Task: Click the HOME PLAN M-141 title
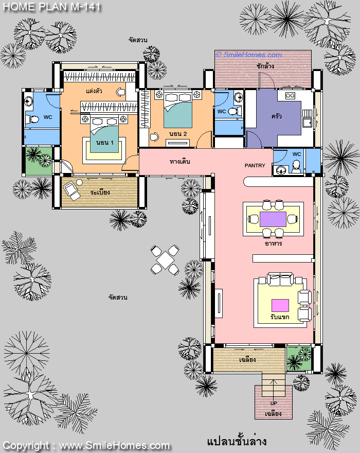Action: pyautogui.click(x=52, y=7)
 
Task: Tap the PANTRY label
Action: pyautogui.click(x=255, y=166)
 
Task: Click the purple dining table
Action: pyautogui.click(x=273, y=219)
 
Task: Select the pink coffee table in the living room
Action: pyautogui.click(x=280, y=305)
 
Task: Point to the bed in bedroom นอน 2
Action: pyautogui.click(x=178, y=110)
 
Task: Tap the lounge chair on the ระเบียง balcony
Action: pyautogui.click(x=71, y=190)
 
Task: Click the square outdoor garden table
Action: pyautogui.click(x=165, y=260)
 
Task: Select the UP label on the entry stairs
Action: pyautogui.click(x=274, y=403)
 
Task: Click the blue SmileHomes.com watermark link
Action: pyautogui.click(x=248, y=55)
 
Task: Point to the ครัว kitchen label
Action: pyautogui.click(x=276, y=116)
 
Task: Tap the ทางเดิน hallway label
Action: pyautogui.click(x=180, y=162)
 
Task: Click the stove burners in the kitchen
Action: pyautogui.click(x=290, y=96)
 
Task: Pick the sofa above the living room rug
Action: pyautogui.click(x=280, y=279)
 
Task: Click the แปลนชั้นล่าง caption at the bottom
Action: pyautogui.click(x=237, y=441)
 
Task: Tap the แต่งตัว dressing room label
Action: pyautogui.click(x=94, y=91)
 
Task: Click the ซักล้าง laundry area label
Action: pyautogui.click(x=265, y=66)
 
